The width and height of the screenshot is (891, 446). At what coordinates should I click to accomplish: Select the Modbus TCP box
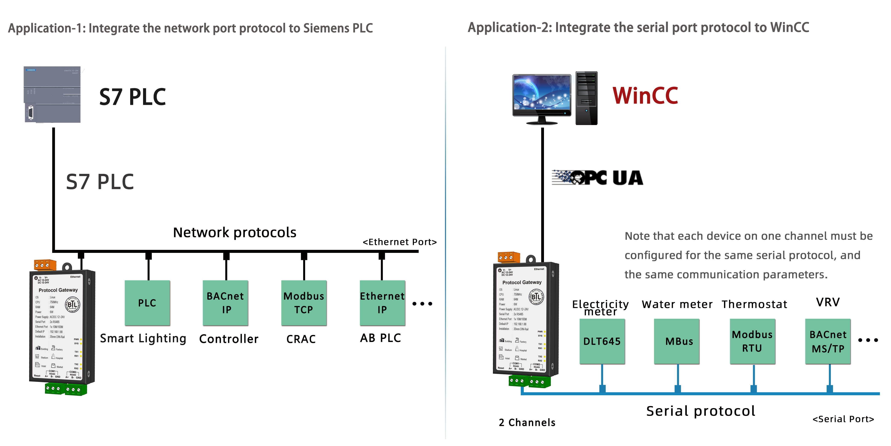click(304, 303)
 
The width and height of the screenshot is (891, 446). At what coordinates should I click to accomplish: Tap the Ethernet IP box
click(382, 303)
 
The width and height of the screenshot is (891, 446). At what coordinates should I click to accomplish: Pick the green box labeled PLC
click(147, 303)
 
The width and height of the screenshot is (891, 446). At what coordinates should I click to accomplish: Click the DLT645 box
click(602, 341)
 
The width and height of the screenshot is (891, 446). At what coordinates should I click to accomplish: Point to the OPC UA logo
click(597, 178)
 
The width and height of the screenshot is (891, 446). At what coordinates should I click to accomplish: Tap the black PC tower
click(586, 98)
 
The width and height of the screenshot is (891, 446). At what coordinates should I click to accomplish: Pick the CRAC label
click(301, 339)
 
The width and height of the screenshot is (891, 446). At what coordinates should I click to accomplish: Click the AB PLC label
click(380, 338)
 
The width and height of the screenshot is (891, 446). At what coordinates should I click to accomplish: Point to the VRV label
click(828, 302)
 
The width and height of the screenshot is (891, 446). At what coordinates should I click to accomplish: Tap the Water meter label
click(677, 304)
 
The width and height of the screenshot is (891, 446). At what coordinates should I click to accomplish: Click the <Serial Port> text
click(843, 419)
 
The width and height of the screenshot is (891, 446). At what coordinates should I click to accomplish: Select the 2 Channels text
click(527, 422)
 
